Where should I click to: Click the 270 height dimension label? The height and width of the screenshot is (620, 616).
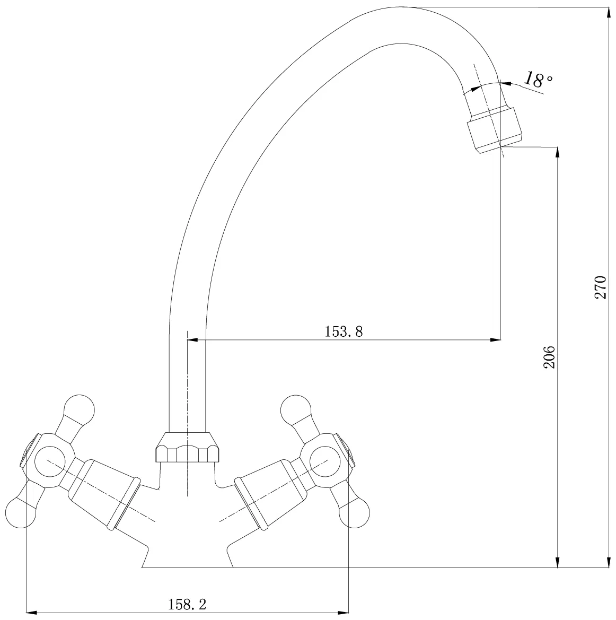coord(600,287)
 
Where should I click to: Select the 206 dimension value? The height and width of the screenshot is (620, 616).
coord(549,357)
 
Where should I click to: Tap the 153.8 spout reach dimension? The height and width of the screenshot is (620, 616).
coord(344,331)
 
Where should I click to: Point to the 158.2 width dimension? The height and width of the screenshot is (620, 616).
coord(187,604)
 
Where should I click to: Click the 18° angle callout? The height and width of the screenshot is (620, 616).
coord(538,80)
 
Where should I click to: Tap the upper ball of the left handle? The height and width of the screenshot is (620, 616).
coord(80,410)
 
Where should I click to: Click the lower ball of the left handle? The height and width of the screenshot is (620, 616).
coord(22,512)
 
